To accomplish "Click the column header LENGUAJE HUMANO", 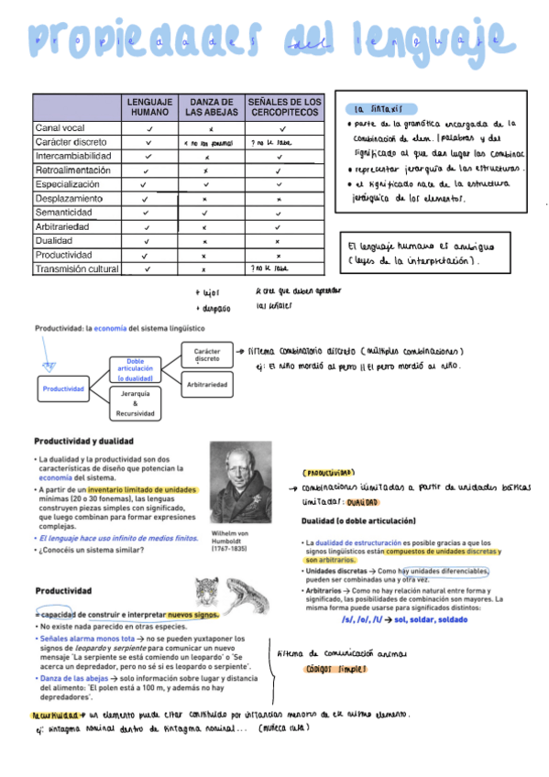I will [148, 106].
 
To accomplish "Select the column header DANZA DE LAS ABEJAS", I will [212, 106].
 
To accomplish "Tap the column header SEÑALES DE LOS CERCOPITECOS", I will [284, 106].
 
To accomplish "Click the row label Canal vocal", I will [60, 128].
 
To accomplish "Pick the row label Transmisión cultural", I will [78, 268].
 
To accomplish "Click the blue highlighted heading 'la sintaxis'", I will [376, 108].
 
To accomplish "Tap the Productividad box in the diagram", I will [63, 388].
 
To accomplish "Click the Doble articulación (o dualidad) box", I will [136, 368].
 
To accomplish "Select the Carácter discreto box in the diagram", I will [206, 355].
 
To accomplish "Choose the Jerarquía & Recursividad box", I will [136, 403].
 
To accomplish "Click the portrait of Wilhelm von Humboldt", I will [241, 485].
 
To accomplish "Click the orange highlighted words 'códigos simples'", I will [336, 670].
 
